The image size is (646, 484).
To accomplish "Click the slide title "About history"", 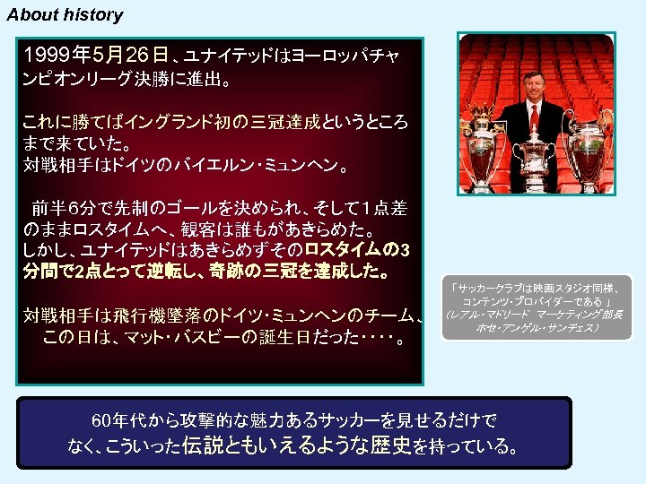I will point(65,15).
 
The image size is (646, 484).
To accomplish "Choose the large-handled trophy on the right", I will point(589,143).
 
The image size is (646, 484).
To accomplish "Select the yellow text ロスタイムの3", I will point(357,248).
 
